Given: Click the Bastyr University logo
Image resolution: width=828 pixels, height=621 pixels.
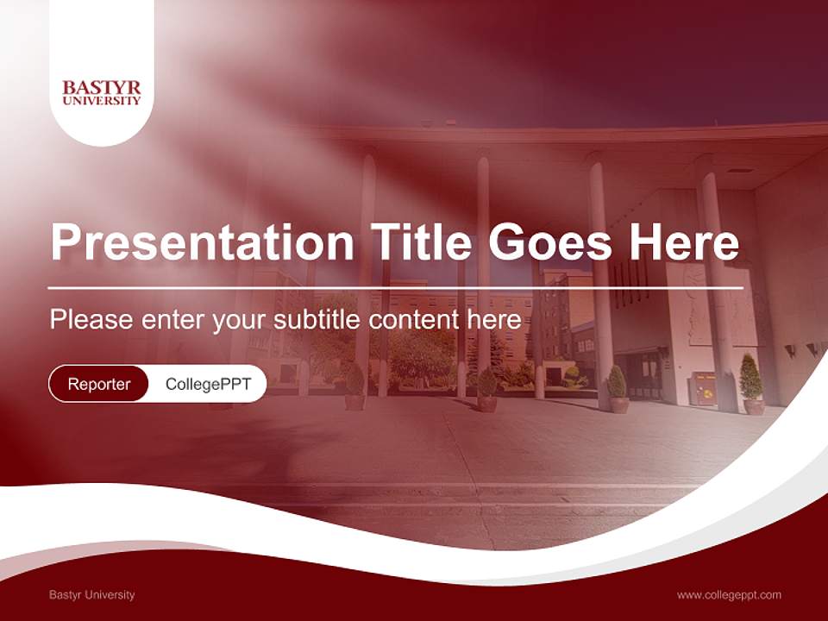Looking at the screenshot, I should point(102,93).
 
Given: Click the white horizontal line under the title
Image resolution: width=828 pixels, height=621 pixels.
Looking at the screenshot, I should point(395,287).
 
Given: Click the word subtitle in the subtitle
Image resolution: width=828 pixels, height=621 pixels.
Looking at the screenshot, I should point(317,320).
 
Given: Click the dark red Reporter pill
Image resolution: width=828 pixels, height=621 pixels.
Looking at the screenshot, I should point(99,384).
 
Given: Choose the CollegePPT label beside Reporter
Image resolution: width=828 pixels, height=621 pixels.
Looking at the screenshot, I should point(208,384).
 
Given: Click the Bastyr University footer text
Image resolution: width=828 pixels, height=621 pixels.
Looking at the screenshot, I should point(92,594).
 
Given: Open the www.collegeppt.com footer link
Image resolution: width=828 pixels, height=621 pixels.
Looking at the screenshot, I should point(729,594).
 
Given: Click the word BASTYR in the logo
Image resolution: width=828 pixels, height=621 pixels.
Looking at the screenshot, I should point(102,87).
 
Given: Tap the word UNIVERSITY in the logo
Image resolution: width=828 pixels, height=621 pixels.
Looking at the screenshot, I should point(102,100).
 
